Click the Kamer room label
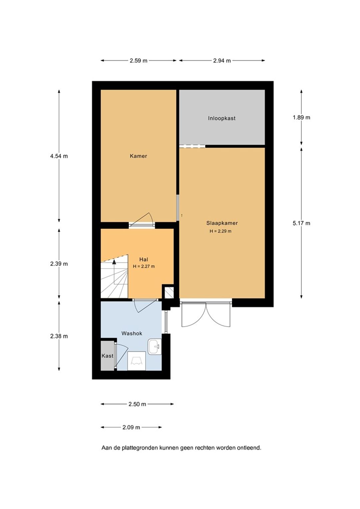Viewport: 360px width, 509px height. pyautogui.click(x=138, y=156)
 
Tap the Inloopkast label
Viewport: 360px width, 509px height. pyautogui.click(x=222, y=118)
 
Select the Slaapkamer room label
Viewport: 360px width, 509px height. pyautogui.click(x=222, y=223)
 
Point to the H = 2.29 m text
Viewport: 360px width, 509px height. pyautogui.click(x=220, y=231)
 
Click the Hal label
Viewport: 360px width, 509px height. pyautogui.click(x=144, y=259)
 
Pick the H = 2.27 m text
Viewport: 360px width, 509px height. pyautogui.click(x=144, y=266)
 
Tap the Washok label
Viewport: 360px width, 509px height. pyautogui.click(x=132, y=333)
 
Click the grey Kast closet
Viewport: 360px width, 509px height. pyautogui.click(x=107, y=355)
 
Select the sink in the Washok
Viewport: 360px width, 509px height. pyautogui.click(x=155, y=346)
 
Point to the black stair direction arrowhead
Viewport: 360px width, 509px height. pyautogui.click(x=114, y=262)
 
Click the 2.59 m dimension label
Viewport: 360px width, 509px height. pyautogui.click(x=138, y=61)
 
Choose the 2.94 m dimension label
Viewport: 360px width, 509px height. pyautogui.click(x=222, y=61)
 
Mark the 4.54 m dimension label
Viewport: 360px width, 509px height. pyautogui.click(x=59, y=156)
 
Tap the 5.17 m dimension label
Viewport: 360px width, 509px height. pyautogui.click(x=301, y=223)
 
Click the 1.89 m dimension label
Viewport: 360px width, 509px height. pyautogui.click(x=301, y=118)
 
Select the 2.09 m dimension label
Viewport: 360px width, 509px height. pyautogui.click(x=131, y=427)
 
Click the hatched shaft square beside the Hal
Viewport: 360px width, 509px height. pyautogui.click(x=169, y=293)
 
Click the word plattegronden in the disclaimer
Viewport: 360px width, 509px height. pyautogui.click(x=140, y=448)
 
